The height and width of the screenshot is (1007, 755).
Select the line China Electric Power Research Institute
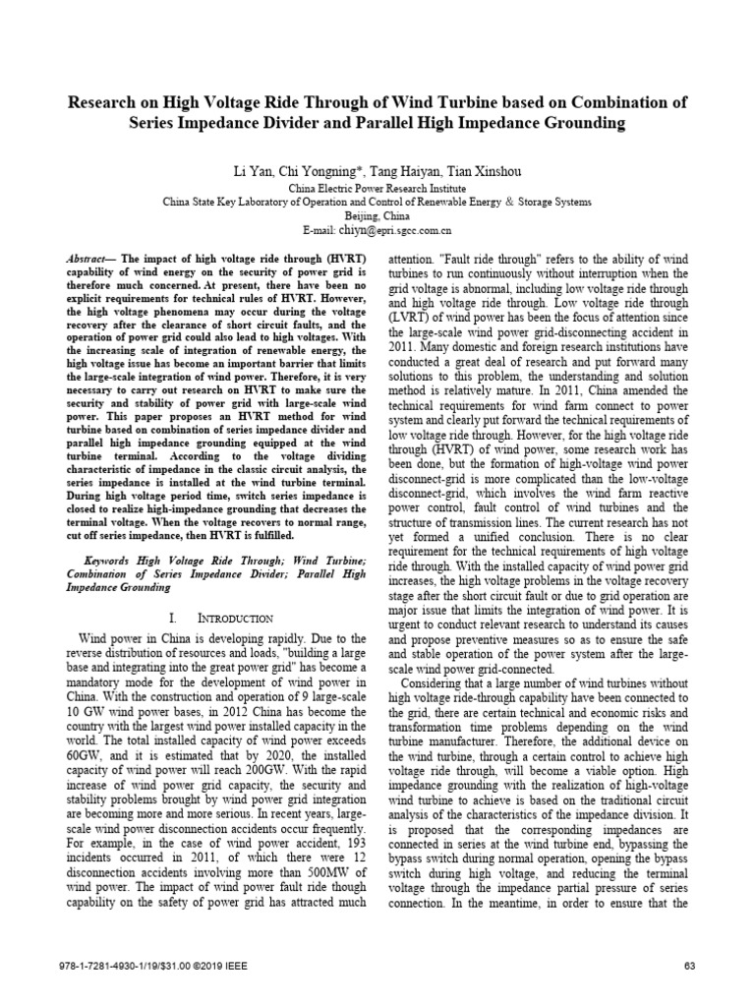[x=377, y=187]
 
